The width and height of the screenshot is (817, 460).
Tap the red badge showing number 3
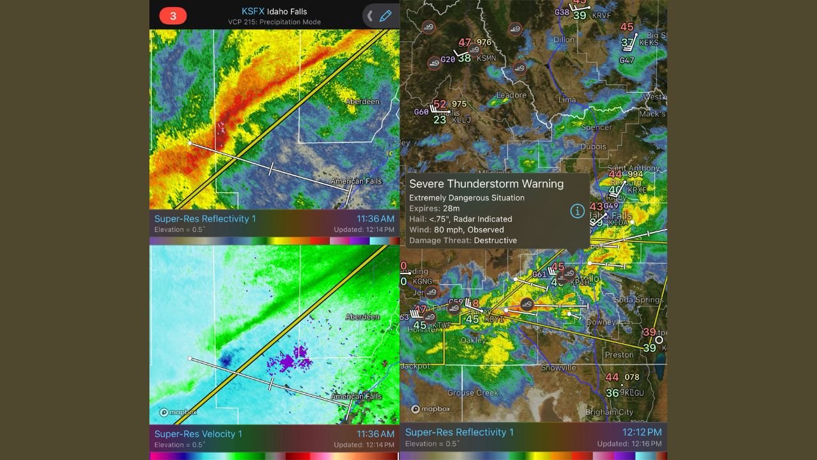point(173,16)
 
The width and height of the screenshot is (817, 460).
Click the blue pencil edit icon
point(385,16)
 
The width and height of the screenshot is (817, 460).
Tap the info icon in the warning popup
point(577,211)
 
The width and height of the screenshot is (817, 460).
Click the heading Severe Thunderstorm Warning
point(486,184)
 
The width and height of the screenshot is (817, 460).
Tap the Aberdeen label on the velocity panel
point(363,317)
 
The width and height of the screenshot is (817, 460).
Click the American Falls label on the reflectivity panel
point(356,181)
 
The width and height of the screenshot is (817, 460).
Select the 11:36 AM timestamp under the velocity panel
point(375,434)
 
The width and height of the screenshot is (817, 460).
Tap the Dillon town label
point(564,40)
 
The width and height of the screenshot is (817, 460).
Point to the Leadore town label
point(512,95)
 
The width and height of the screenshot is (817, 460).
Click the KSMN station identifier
point(486,58)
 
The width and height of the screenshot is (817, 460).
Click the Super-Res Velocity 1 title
point(199,434)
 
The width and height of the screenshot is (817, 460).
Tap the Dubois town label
point(594,147)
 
